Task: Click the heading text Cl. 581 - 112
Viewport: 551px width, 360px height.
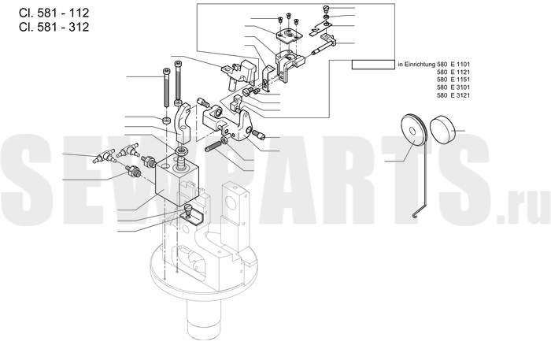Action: click(54, 13)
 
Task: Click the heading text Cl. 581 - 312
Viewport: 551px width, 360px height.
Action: click(54, 27)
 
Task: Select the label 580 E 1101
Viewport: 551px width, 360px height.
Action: click(453, 65)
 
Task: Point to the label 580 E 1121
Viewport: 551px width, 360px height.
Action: click(453, 72)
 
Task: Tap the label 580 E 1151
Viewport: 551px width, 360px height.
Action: click(453, 80)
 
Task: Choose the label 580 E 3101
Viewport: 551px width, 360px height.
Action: click(453, 87)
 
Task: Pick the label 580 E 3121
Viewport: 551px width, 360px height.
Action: click(453, 95)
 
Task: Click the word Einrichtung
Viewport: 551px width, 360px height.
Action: click(420, 65)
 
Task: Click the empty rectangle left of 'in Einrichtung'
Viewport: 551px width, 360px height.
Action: click(373, 65)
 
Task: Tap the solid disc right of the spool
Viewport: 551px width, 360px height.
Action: click(442, 130)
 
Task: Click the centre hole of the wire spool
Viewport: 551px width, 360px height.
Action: click(412, 132)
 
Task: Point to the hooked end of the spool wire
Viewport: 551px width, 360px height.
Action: click(416, 215)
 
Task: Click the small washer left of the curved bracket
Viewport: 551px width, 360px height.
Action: click(166, 120)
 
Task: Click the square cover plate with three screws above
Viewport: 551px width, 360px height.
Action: click(289, 35)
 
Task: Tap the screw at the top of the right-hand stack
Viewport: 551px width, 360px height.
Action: click(327, 9)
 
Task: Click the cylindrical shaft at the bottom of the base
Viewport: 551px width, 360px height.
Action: click(203, 319)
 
